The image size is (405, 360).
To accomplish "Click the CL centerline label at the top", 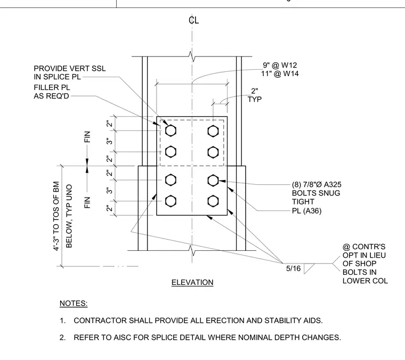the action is [x=194, y=20].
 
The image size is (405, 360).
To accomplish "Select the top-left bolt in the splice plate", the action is [x=171, y=130].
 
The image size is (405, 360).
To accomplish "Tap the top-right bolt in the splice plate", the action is [x=213, y=131].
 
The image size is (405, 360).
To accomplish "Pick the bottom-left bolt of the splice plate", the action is [x=171, y=201].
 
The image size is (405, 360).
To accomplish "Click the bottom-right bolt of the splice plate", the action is [x=213, y=201].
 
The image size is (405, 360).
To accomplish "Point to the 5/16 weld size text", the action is [x=293, y=268].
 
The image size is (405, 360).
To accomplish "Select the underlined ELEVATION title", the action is [x=192, y=282].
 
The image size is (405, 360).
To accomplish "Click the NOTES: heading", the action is [x=74, y=303].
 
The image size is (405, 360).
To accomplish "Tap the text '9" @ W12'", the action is [x=280, y=65].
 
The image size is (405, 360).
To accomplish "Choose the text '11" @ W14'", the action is [x=280, y=73].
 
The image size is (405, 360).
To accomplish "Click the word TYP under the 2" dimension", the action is [x=255, y=100].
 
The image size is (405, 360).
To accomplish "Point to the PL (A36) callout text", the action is [x=306, y=211].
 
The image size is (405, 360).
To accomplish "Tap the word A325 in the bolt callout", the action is [x=333, y=184].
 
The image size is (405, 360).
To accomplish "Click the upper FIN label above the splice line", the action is [x=87, y=137].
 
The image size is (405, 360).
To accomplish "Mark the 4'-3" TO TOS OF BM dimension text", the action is [x=56, y=216].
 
